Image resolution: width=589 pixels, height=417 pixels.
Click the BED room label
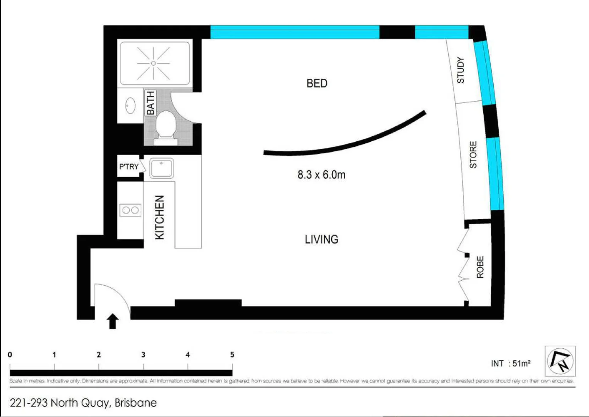(317, 83)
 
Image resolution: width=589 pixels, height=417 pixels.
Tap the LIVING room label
(321, 239)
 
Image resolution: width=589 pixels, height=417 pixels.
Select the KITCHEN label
(160, 217)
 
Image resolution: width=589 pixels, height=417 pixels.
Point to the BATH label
(150, 103)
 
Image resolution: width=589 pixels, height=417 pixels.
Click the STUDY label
(461, 70)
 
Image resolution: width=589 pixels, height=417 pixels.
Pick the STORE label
(473, 155)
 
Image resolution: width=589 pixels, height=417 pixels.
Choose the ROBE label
(480, 267)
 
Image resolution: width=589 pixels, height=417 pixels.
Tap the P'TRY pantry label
(128, 167)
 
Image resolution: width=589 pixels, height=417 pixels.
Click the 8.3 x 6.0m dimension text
(321, 175)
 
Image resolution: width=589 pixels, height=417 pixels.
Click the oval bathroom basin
(130, 105)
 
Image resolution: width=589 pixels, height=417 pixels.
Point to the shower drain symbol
(154, 63)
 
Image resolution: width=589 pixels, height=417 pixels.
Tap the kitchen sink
(162, 168)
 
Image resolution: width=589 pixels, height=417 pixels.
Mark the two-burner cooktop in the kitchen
(130, 210)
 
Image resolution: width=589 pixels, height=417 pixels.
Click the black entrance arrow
(113, 321)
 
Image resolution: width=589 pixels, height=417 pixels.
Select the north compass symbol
(560, 361)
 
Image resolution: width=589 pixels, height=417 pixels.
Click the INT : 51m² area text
(510, 363)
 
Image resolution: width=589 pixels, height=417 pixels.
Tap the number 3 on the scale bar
(143, 354)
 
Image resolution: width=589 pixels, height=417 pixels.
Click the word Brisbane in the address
(136, 403)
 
